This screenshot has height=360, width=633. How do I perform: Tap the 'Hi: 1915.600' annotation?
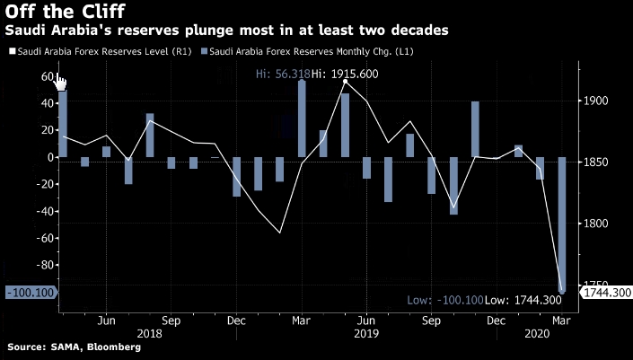coord(346,74)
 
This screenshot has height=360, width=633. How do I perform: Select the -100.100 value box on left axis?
coord(30,293)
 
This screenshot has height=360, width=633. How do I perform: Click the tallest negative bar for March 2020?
coord(562,224)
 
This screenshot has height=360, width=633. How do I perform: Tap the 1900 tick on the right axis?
coord(596,101)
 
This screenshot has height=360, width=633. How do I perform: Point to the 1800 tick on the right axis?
coord(596,224)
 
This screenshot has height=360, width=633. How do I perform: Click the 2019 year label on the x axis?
coord(366,333)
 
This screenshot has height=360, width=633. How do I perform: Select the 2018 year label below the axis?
coord(149,333)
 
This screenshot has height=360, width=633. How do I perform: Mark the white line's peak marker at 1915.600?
coord(345,82)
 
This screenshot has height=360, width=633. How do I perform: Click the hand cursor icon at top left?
coord(61,83)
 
